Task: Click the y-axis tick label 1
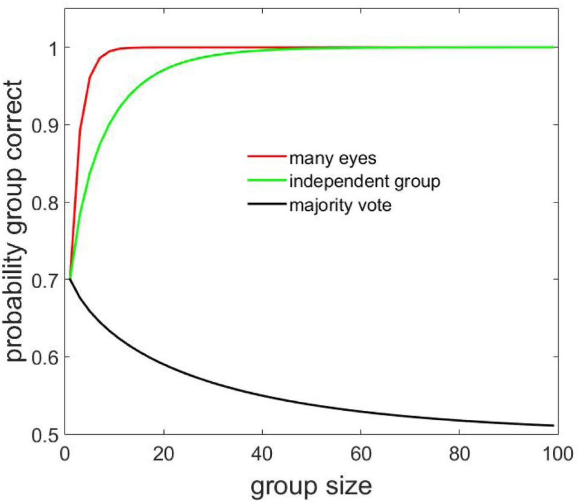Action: pyautogui.click(x=52, y=48)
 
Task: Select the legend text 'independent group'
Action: pyautogui.click(x=357, y=181)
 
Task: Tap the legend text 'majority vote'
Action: pyautogui.click(x=340, y=205)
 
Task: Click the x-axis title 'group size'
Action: pyautogui.click(x=311, y=484)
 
